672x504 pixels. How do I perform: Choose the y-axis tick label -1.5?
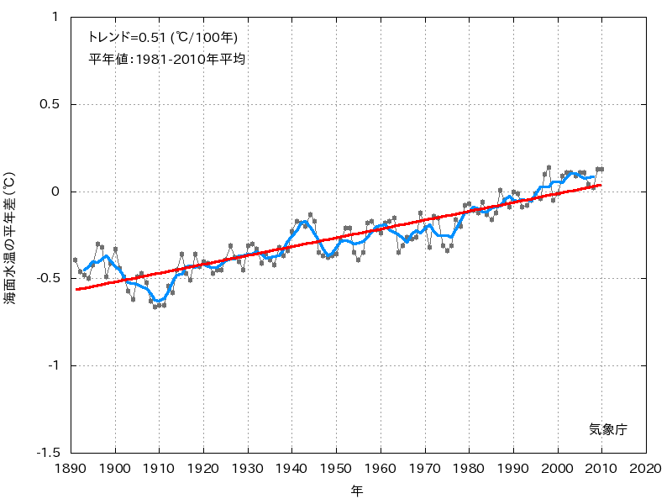coord(45,453)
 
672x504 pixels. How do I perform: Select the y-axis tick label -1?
coord(51,365)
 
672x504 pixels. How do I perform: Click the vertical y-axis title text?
coord(10,239)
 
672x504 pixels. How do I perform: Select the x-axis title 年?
coord(358,491)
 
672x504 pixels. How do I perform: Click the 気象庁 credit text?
coord(607,429)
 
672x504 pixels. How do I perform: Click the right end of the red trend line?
coord(601,185)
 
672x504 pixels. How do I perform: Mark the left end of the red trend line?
coord(76,289)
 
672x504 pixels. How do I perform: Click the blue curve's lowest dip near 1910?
coord(158,301)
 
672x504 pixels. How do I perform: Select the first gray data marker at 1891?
coord(75,260)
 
